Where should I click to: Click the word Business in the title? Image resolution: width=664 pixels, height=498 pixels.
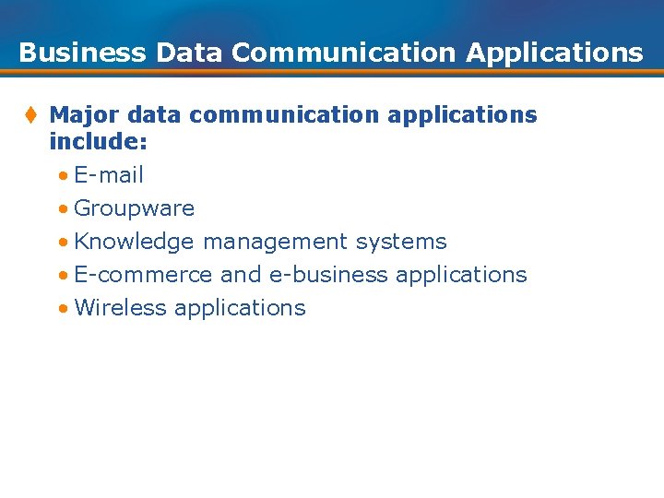pyautogui.click(x=82, y=53)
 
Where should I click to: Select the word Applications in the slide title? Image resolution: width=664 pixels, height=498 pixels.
pyautogui.click(x=554, y=53)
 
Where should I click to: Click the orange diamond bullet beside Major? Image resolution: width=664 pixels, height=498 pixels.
pyautogui.click(x=30, y=115)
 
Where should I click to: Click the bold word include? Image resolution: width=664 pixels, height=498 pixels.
pyautogui.click(x=99, y=142)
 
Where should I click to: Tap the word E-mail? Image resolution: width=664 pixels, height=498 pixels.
pyautogui.click(x=109, y=175)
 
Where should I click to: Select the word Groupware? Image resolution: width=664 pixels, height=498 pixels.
pyautogui.click(x=134, y=208)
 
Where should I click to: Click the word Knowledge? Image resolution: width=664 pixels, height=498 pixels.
pyautogui.click(x=134, y=243)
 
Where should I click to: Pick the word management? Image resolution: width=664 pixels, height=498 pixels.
pyautogui.click(x=275, y=243)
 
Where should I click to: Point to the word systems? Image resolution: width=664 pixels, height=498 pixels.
pyautogui.click(x=401, y=243)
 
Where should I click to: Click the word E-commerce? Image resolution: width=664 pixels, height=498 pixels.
pyautogui.click(x=143, y=275)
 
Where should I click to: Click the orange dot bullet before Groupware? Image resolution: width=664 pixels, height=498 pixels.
pyautogui.click(x=61, y=209)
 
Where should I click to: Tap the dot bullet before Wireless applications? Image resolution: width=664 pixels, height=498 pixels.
pyautogui.click(x=61, y=309)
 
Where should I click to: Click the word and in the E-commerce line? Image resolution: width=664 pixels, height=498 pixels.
pyautogui.click(x=241, y=275)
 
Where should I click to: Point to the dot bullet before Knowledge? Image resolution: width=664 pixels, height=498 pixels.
pyautogui.click(x=61, y=243)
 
